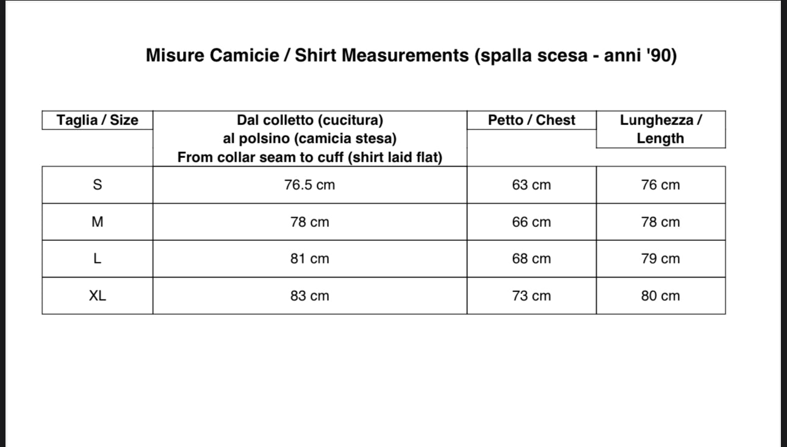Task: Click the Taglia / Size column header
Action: (x=98, y=120)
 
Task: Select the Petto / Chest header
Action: (x=531, y=120)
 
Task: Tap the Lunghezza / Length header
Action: (x=661, y=129)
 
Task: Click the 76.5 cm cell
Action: (x=310, y=185)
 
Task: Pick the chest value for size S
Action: (x=531, y=185)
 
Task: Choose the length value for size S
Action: (x=661, y=185)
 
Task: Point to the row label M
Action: (x=98, y=222)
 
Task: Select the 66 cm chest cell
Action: (x=531, y=222)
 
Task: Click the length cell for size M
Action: (x=661, y=222)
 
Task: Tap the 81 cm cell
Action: (x=310, y=259)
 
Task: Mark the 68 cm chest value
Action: (x=531, y=259)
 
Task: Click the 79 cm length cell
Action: (x=661, y=259)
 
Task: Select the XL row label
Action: (x=98, y=296)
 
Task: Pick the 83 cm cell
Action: (x=310, y=296)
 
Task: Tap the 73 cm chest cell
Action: (x=531, y=296)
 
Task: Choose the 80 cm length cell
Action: (x=661, y=296)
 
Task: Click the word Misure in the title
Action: (x=175, y=55)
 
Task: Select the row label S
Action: (x=98, y=185)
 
